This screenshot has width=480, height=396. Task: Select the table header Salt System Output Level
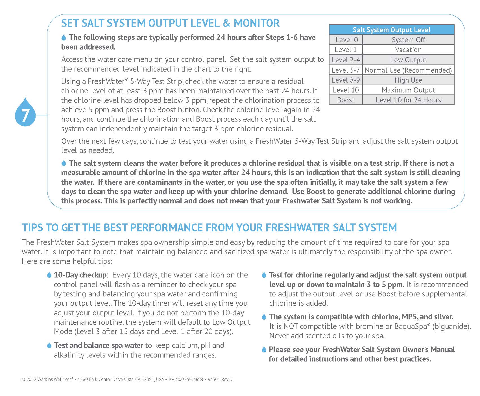pos(391,30)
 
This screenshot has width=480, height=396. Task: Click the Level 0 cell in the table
pos(346,40)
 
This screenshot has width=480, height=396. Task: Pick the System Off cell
pos(408,40)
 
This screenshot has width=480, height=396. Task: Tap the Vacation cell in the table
pos(408,50)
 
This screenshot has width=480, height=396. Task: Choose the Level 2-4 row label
pos(346,60)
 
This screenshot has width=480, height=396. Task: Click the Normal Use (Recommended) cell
pos(408,70)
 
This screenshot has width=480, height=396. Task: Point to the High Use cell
pos(408,80)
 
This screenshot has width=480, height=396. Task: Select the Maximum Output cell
pos(408,90)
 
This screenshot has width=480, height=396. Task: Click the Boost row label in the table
pos(346,100)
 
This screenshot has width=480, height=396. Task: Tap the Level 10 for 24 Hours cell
pos(408,100)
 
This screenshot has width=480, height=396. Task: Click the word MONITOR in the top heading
pos(257,23)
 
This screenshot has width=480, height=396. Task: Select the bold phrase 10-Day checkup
pos(80,275)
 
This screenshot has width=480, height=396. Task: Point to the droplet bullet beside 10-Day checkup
pos(49,275)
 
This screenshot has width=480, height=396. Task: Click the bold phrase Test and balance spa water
pos(99,345)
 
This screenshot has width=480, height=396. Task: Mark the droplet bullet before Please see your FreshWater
pos(264,350)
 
